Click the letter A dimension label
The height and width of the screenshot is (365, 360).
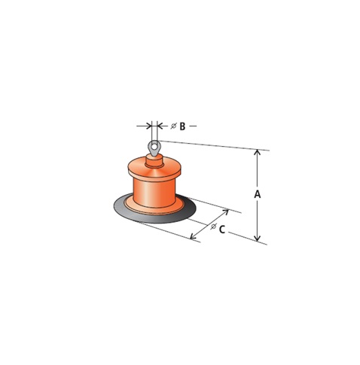258,194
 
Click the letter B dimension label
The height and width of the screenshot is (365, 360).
182,126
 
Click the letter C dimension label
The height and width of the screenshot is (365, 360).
222,230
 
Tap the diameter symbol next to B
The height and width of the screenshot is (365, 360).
174,126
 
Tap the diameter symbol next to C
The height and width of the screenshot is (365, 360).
213,227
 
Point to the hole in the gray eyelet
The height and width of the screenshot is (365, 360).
154,145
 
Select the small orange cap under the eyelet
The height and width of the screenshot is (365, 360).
154,161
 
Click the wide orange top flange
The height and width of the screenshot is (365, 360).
154,169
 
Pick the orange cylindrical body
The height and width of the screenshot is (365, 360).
154,192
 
